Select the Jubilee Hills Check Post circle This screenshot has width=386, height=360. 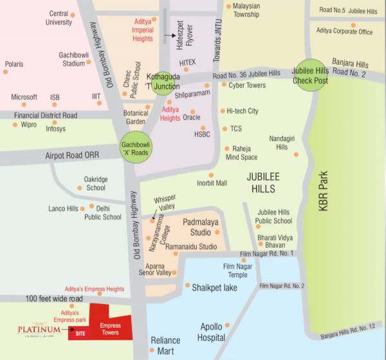(x=310, y=76)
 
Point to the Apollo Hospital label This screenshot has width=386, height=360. (x=212, y=332)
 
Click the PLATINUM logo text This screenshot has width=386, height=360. (x=39, y=330)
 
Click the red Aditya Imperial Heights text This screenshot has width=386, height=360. (x=142, y=30)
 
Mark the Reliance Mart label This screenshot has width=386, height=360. (x=165, y=345)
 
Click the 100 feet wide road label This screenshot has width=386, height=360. (x=55, y=300)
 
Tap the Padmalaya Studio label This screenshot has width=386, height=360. (x=197, y=226)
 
